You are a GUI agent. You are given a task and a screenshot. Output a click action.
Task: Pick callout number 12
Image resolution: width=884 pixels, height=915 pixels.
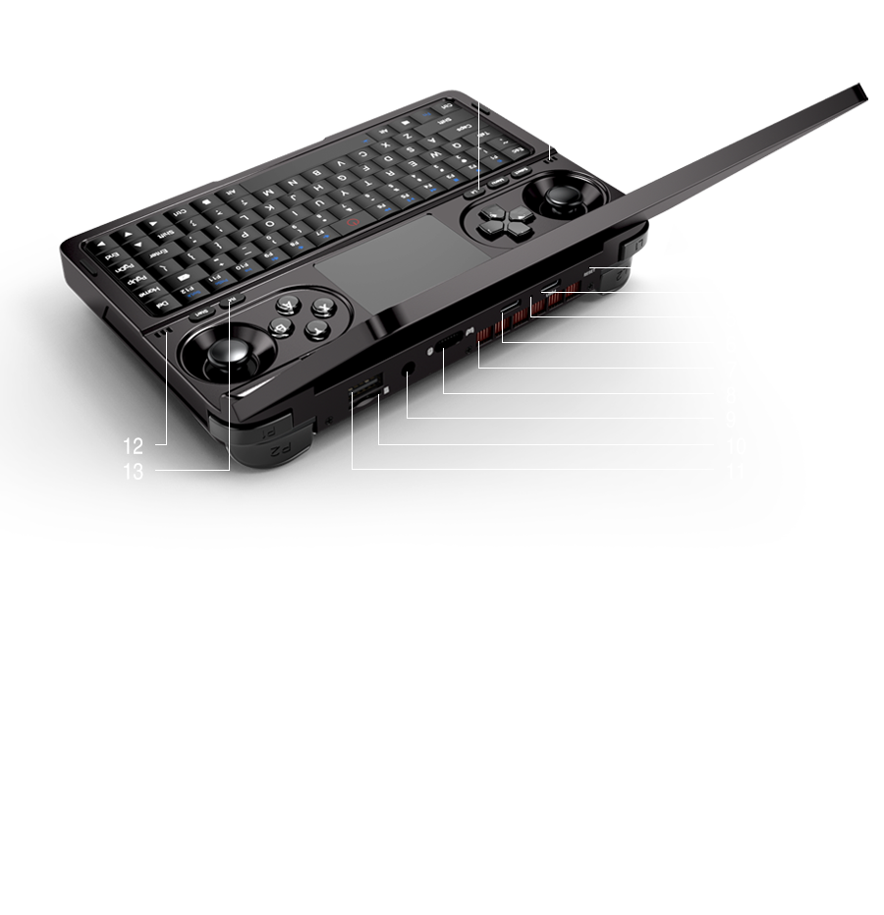coord(135,446)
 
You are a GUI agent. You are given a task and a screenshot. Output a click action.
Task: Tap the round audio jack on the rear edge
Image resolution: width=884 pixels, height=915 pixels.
coord(407,372)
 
